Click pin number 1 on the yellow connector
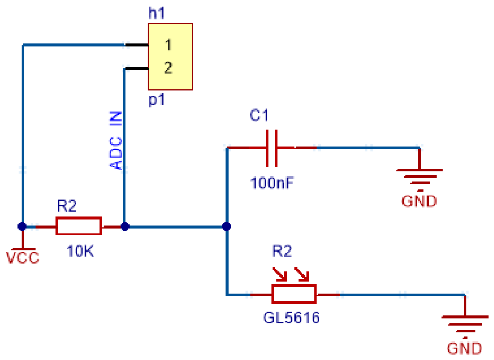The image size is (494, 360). click(x=168, y=45)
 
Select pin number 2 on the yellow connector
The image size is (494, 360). click(x=168, y=68)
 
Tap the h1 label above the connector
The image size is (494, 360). click(x=157, y=13)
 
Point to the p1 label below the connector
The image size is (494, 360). click(x=157, y=100)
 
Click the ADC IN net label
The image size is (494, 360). click(x=116, y=141)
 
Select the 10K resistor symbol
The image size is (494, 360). click(x=79, y=226)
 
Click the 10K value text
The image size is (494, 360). click(x=80, y=251)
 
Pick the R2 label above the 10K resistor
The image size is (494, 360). click(x=67, y=206)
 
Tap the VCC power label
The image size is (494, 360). click(x=23, y=257)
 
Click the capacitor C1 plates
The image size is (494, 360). click(x=271, y=148)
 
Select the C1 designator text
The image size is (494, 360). click(x=259, y=115)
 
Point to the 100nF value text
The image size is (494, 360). click(x=272, y=183)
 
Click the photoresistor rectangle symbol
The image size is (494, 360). click(x=294, y=294)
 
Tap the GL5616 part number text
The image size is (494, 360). click(x=291, y=317)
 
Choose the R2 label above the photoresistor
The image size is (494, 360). click(x=282, y=251)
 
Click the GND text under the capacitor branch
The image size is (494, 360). click(x=419, y=201)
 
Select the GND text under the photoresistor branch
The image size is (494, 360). click(x=464, y=349)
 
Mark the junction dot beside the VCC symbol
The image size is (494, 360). click(x=22, y=226)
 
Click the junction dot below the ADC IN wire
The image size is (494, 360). click(x=125, y=226)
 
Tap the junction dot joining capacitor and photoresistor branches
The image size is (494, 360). click(x=227, y=226)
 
